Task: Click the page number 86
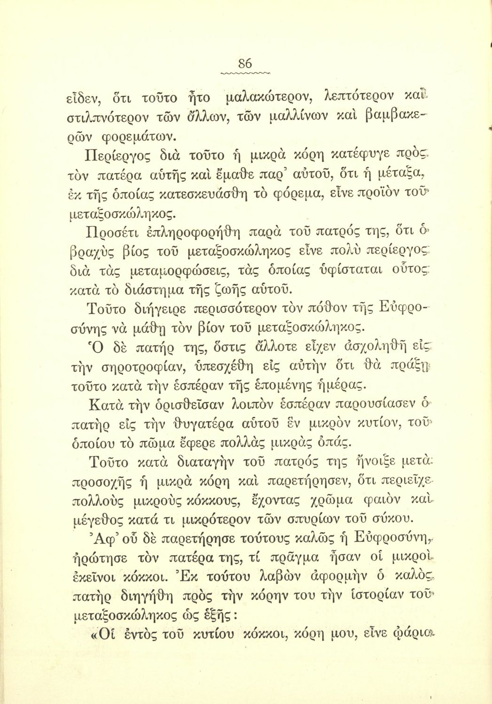[x=245, y=63]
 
